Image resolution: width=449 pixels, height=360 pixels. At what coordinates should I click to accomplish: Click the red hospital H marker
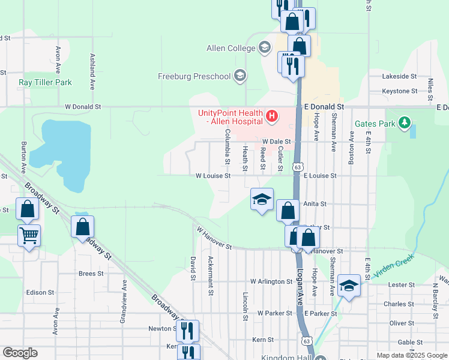pyautogui.click(x=272, y=115)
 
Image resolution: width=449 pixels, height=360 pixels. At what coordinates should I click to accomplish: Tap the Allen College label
pyautogui.click(x=231, y=48)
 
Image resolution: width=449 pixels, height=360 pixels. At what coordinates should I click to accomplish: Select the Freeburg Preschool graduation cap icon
pyautogui.click(x=240, y=76)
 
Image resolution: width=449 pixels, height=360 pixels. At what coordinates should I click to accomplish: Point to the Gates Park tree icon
pyautogui.click(x=405, y=124)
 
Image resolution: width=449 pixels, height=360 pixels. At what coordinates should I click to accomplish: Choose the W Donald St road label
pyautogui.click(x=83, y=106)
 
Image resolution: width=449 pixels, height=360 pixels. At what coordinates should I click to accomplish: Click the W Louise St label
pyautogui.click(x=213, y=176)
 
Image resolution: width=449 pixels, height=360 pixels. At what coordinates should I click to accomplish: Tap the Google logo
pyautogui.click(x=20, y=353)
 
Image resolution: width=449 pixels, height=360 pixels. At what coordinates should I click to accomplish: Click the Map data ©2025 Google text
pyautogui.click(x=411, y=355)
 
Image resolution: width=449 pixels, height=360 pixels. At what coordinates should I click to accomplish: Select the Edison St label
pyautogui.click(x=40, y=292)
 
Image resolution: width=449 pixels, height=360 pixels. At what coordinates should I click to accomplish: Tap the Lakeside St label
pyautogui.click(x=400, y=76)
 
